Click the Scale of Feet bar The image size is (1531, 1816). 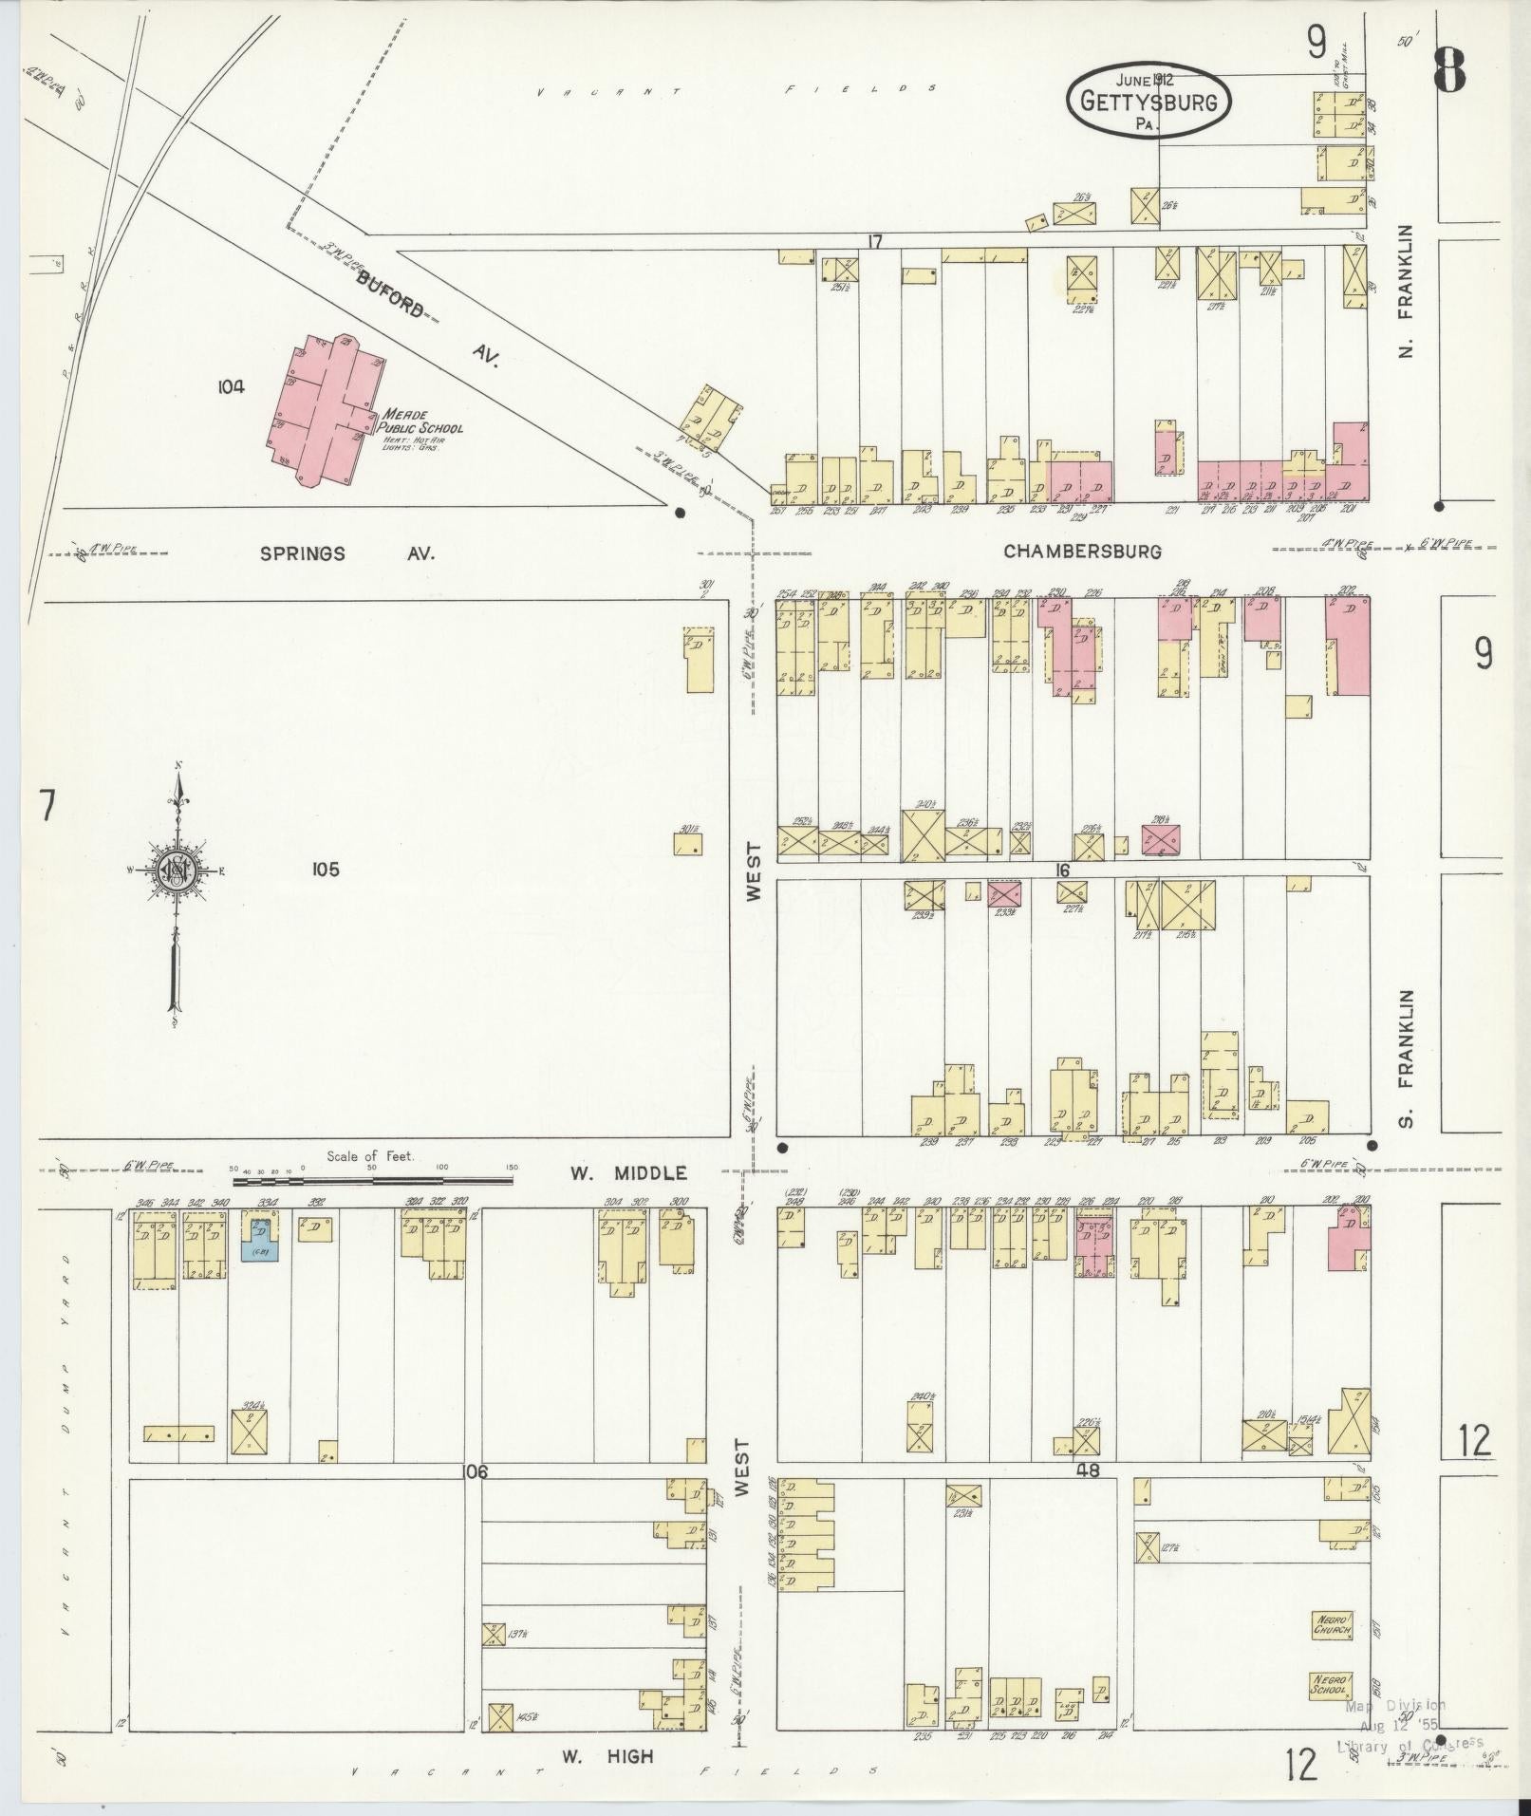click(374, 1180)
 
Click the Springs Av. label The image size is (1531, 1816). click(347, 552)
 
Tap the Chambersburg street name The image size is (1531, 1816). click(1082, 551)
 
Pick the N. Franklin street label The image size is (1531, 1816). click(1406, 290)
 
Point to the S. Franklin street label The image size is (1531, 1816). click(1406, 1058)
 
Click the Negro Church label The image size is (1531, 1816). click(1332, 1623)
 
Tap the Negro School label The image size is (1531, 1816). click(1331, 1684)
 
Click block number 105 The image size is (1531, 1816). click(324, 870)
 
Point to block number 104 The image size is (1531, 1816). click(231, 386)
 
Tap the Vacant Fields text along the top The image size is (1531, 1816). click(736, 91)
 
